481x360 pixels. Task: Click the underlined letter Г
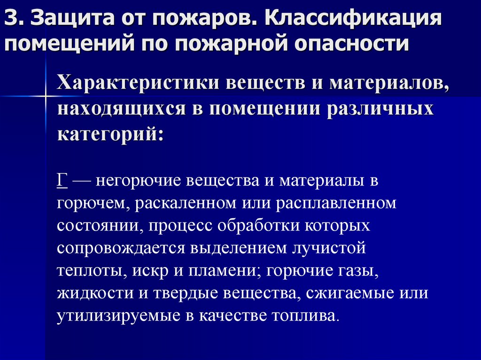[62, 181]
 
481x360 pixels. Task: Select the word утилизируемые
[118, 316]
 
